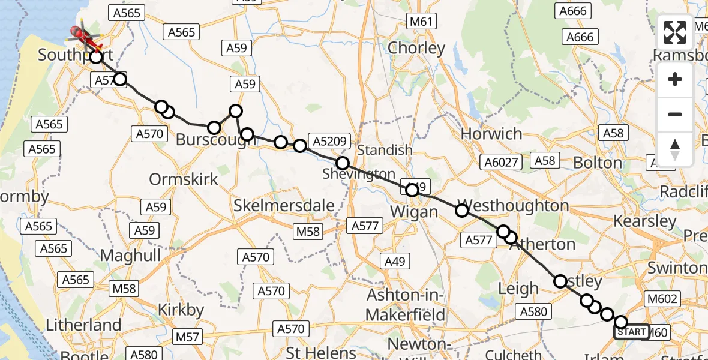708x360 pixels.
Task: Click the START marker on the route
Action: [x=631, y=332]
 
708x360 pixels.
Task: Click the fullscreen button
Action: [x=675, y=32]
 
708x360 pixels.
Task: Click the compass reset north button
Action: [x=675, y=149]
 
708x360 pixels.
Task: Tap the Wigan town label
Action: [x=414, y=212]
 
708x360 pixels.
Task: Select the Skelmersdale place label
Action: [x=284, y=205]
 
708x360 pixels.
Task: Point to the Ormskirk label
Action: [x=184, y=179]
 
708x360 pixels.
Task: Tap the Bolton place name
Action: [x=598, y=163]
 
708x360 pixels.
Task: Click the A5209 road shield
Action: [x=328, y=142]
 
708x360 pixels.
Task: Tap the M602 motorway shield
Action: [x=662, y=299]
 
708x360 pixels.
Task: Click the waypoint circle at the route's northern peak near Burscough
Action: [x=235, y=110]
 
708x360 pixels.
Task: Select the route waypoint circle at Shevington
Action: [x=343, y=163]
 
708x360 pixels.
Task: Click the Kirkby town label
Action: [x=181, y=310]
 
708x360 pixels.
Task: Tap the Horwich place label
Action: [x=491, y=133]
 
